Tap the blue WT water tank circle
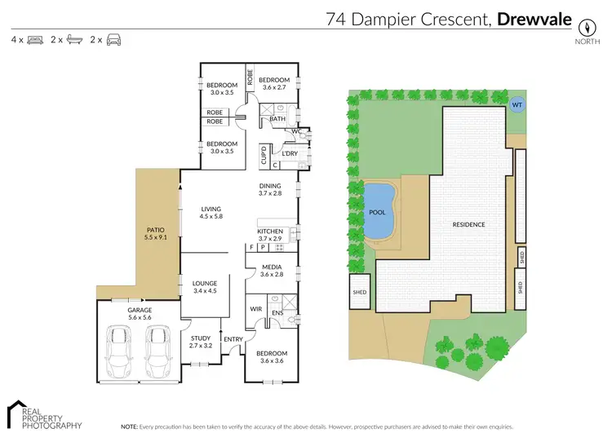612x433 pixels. coord(516,104)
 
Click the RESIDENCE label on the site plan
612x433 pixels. coord(469,224)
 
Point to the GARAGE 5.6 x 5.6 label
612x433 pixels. coord(140,314)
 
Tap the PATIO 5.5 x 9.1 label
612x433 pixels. coord(155,234)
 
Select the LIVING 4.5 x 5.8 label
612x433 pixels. coord(211,213)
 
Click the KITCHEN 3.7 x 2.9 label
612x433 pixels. coord(270,235)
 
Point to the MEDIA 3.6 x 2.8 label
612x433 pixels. coord(271,271)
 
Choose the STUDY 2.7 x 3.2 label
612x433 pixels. coord(201,342)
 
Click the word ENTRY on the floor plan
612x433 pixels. coord(233,339)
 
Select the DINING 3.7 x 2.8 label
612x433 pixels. coord(270,189)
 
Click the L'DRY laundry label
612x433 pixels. coord(289,153)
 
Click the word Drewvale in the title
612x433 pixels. coord(534,18)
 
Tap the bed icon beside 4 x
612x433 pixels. coord(34,39)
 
